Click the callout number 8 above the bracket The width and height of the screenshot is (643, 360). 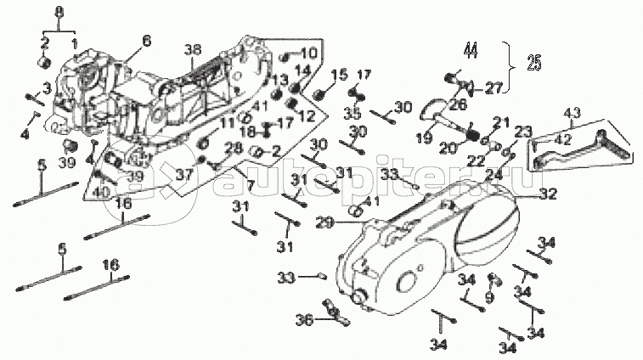click(59, 11)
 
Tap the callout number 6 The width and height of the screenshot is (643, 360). click(146, 40)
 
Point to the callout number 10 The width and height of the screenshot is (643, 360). click(307, 53)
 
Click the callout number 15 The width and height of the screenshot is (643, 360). click(343, 75)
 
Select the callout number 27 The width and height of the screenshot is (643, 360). click(494, 85)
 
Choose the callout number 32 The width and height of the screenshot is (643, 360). click(548, 194)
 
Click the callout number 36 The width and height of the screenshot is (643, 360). click(304, 319)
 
